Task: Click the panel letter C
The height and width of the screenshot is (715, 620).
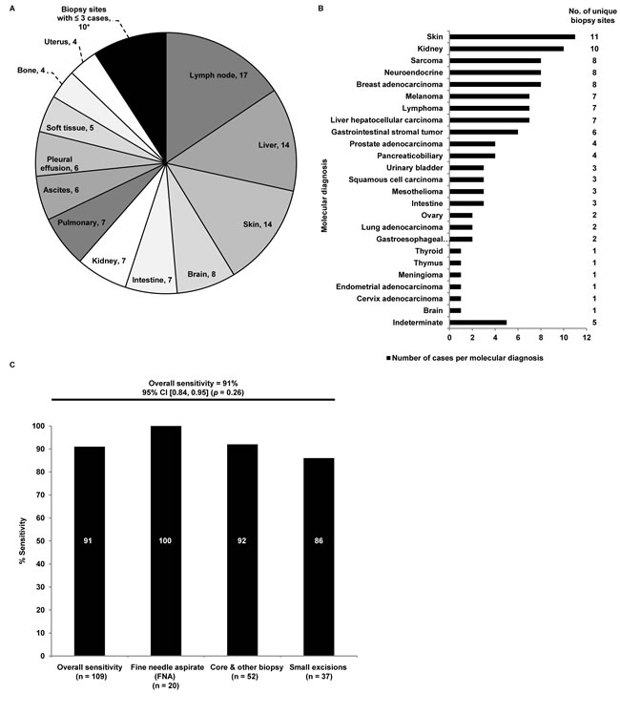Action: click(x=11, y=367)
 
